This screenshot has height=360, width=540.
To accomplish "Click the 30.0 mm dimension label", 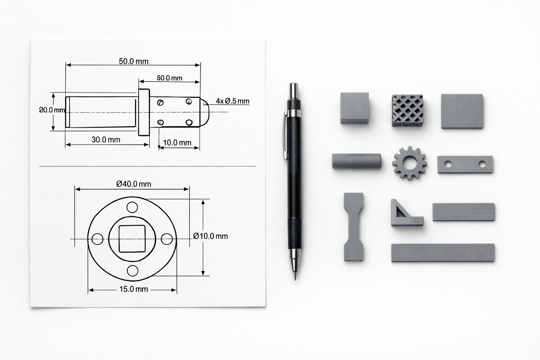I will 106,140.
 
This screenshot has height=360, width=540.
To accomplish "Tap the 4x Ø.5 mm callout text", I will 232,101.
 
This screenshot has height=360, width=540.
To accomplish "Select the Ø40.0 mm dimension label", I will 134,184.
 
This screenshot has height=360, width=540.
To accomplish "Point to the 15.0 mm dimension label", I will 134,289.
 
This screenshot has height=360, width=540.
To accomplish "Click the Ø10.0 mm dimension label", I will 211,236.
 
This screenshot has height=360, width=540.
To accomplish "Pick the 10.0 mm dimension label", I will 177,143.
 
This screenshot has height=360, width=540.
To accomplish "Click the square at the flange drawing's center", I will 132,239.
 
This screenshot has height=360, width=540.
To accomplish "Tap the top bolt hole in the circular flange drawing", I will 132,207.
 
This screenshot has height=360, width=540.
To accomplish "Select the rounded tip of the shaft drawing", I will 205,112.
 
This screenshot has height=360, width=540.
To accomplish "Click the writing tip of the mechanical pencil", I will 295,276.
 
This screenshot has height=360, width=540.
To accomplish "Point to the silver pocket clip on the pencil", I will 285,135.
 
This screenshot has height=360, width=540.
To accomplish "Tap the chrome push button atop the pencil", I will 294,91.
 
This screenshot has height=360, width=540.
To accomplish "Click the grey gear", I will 410,163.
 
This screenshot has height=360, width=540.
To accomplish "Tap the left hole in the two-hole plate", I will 448,164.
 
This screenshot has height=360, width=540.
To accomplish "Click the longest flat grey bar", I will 443,252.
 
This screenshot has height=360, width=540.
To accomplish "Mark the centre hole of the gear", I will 410,163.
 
